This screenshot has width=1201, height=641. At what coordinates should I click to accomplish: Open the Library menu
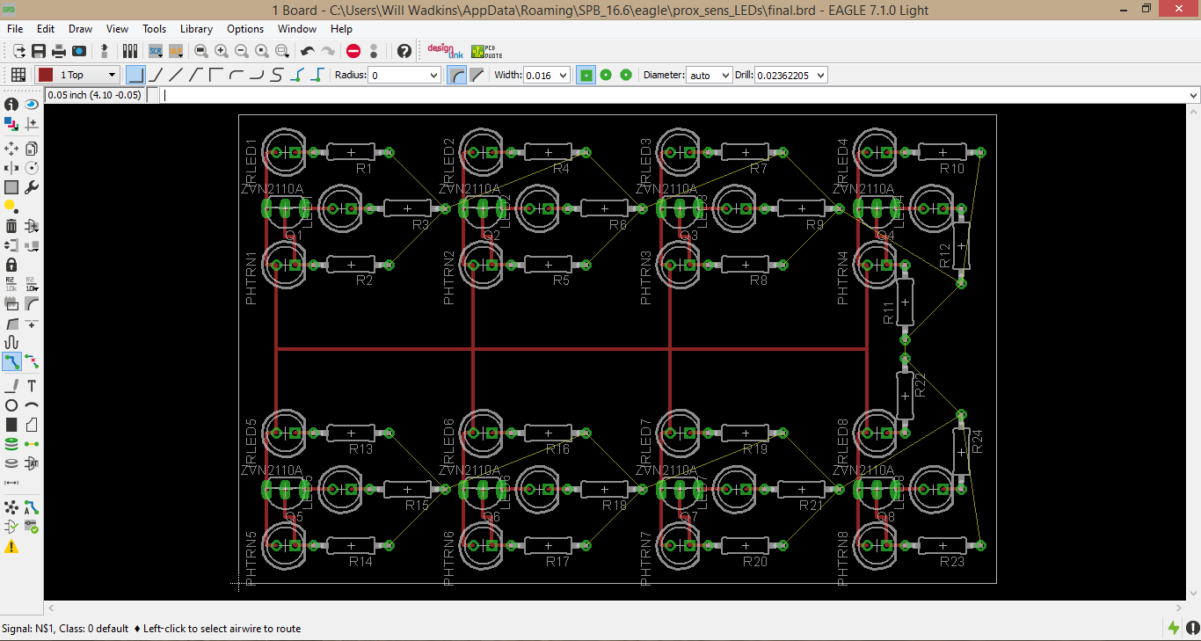point(196,29)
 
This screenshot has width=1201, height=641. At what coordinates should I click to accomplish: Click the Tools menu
point(154,29)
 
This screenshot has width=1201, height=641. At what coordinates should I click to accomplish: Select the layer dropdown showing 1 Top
point(77,76)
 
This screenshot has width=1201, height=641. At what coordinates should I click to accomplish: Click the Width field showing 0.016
point(546,76)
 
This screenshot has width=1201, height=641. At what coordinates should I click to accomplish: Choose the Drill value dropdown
point(790,76)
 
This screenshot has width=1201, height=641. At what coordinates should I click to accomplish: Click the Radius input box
point(404,76)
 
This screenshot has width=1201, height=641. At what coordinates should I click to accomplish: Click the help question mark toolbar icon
point(404,51)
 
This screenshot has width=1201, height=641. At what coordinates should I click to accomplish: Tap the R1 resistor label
point(364,168)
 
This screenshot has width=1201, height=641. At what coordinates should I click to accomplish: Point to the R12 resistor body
point(961,244)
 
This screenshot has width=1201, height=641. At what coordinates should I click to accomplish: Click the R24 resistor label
point(976,442)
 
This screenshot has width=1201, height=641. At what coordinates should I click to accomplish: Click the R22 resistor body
point(905,396)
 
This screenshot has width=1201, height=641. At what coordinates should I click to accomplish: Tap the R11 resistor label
point(889,312)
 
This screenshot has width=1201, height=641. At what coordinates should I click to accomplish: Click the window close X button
point(1178,10)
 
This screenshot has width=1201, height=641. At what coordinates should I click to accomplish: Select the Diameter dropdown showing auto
point(709,76)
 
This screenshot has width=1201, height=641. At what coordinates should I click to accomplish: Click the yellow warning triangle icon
point(11,547)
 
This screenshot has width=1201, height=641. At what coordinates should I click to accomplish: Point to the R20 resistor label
point(755,562)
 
